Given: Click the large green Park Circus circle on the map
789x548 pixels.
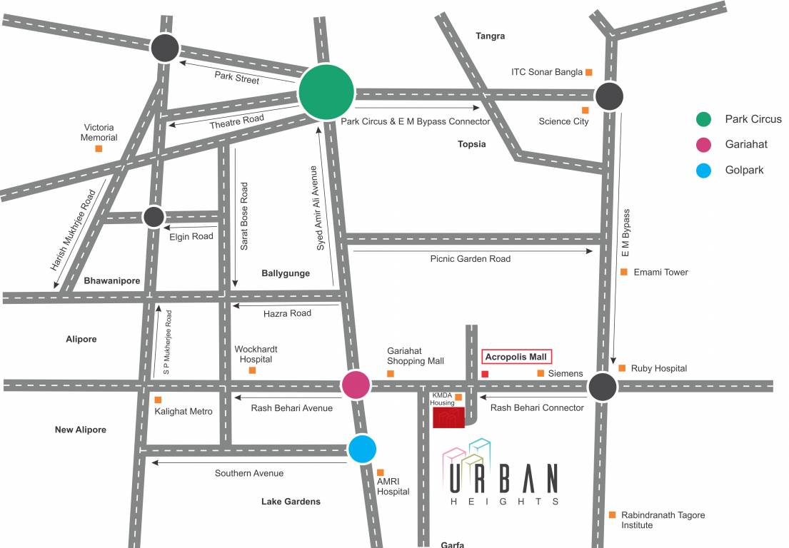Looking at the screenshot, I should click(326, 93).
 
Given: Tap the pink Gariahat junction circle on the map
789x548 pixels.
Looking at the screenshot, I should click(356, 385).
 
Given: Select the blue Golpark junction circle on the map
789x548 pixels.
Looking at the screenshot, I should click(363, 449).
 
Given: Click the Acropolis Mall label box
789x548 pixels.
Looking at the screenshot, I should click(518, 357).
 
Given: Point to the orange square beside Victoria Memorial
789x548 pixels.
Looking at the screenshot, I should click(99, 148).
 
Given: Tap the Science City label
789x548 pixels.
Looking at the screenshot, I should click(563, 121).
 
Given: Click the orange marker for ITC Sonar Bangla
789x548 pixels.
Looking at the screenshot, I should click(589, 72).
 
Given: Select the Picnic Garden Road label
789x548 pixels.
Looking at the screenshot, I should click(471, 259).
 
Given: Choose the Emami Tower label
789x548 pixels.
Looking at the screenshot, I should click(661, 272).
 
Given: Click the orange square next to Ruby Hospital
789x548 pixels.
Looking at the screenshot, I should click(622, 368).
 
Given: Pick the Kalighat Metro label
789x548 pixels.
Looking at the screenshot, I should click(184, 411).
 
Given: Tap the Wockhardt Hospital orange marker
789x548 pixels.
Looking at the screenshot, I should click(252, 370).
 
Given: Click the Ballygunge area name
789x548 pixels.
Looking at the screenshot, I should click(286, 273).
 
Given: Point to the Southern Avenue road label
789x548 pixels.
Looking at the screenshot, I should click(249, 473).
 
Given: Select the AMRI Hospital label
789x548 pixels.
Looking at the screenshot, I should click(393, 486).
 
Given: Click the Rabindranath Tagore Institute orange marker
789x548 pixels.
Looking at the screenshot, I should click(612, 514).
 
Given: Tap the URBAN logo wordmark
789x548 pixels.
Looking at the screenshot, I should click(503, 479).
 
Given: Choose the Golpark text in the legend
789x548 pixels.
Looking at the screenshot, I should click(744, 171).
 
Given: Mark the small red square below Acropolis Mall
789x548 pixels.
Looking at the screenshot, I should click(485, 374).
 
